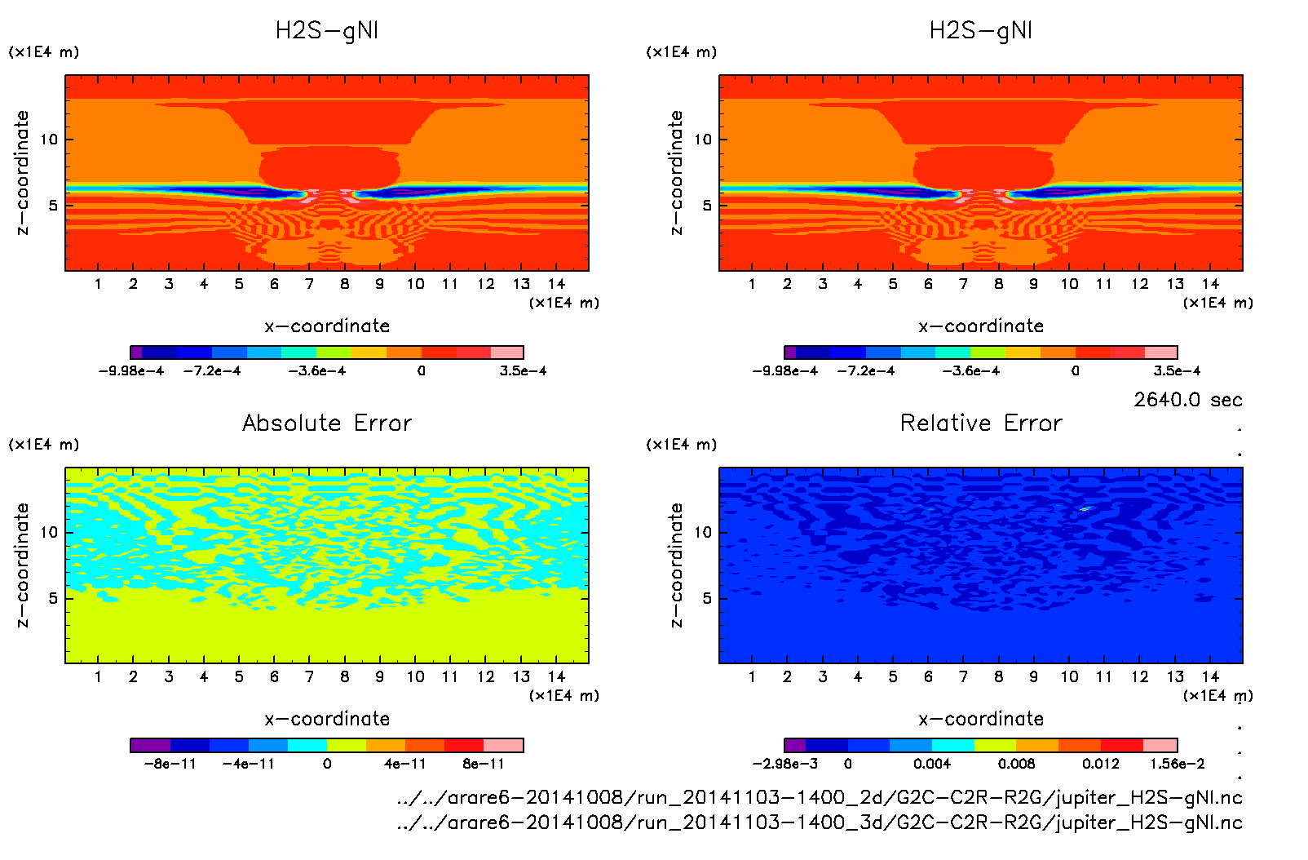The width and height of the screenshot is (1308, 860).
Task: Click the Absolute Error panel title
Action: coord(327,423)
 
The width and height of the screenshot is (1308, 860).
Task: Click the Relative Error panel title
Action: coord(981,423)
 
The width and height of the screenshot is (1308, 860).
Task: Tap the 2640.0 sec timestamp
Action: coord(1187,400)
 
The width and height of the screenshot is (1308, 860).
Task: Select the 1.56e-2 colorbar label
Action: coord(1177,764)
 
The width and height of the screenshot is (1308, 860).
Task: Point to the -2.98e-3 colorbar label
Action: coord(784,764)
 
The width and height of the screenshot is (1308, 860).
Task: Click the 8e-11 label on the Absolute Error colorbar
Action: coord(484,764)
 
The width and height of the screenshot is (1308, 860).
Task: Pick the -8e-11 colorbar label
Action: coord(170,764)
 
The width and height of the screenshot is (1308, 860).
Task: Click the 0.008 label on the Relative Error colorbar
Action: coord(1016,764)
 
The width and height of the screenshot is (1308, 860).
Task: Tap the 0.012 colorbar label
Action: coord(1100,764)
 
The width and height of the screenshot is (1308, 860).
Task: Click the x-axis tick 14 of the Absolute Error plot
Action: coord(556,676)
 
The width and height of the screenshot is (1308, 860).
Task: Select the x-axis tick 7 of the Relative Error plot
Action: coord(963,676)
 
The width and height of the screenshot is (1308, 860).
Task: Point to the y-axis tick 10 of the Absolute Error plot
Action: coord(50,532)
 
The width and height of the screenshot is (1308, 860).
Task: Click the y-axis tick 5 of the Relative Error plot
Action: coord(707,598)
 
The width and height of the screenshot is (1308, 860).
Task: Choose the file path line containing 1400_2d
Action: coord(819,797)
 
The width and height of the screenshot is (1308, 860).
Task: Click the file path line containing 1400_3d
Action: coord(819,822)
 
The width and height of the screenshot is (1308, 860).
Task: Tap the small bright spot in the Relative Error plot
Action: coord(1085,509)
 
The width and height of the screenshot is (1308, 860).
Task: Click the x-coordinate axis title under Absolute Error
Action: coord(327,719)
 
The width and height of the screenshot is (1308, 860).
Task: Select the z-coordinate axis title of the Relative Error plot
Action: coord(676,565)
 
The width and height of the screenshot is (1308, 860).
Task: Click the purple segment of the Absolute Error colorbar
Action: coord(150,745)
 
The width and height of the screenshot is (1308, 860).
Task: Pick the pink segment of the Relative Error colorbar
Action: coord(1160,745)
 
